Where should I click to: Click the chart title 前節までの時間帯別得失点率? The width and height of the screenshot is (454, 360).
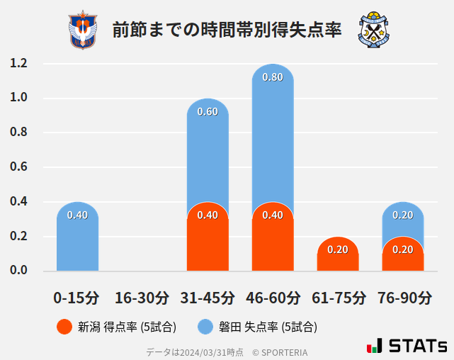tap(227, 30)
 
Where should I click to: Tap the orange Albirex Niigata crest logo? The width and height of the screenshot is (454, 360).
tap(83, 30)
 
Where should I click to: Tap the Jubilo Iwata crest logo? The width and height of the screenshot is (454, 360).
tap(374, 30)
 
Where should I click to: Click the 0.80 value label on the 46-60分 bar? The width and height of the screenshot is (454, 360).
tap(273, 77)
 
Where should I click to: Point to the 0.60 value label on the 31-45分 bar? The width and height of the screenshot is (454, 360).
tap(208, 112)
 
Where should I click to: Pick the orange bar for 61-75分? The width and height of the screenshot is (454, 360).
tap(338, 255)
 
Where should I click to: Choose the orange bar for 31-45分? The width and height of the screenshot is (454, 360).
tap(208, 241)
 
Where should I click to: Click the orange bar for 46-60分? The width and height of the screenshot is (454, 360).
tap(273, 241)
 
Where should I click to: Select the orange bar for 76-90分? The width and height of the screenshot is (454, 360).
tap(403, 257)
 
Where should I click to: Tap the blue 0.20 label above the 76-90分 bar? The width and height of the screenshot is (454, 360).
tap(403, 215)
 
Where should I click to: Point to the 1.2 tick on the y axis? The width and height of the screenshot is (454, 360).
tap(18, 64)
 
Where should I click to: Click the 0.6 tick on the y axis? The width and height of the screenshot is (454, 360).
tap(18, 167)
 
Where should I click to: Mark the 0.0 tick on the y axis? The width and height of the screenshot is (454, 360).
tap(18, 271)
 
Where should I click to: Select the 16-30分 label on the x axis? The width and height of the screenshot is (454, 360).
tap(142, 298)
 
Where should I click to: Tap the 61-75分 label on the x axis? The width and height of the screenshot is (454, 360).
tap(338, 298)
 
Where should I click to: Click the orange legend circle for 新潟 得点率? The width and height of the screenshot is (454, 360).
tap(64, 327)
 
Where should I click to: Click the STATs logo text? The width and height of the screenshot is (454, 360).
tap(417, 347)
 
